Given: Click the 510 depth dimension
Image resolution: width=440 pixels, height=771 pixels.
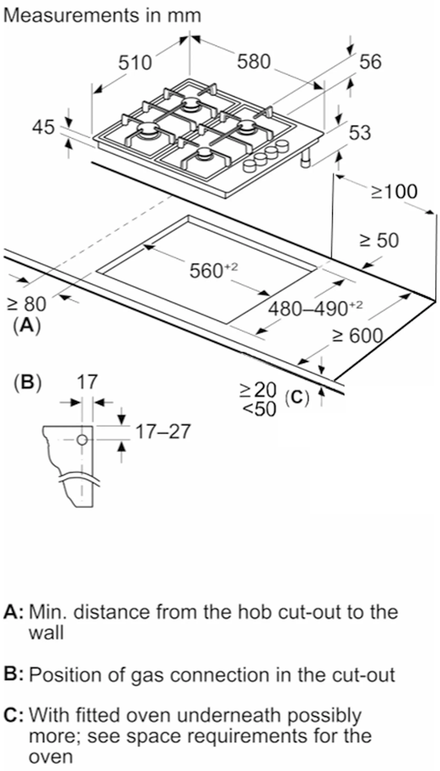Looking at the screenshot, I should pyautogui.click(x=135, y=63).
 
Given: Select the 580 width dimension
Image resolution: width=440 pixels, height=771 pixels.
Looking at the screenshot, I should pyautogui.click(x=253, y=62).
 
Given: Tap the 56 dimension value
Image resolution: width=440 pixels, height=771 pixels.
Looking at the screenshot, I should pyautogui.click(x=370, y=62).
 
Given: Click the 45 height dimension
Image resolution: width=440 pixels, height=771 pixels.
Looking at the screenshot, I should pyautogui.click(x=43, y=127).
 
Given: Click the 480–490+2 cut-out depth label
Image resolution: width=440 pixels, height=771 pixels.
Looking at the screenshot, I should pyautogui.click(x=315, y=308).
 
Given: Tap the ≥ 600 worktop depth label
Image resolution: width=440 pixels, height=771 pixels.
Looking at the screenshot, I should pyautogui.click(x=358, y=336).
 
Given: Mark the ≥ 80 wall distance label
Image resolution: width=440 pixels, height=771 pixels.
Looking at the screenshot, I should pyautogui.click(x=27, y=304).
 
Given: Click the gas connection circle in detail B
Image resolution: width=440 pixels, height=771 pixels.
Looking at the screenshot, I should pyautogui.click(x=82, y=440).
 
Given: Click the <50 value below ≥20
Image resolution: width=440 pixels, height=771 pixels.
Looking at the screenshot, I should pyautogui.click(x=259, y=409).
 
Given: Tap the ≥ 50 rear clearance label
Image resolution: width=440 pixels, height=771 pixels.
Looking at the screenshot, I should pyautogui.click(x=379, y=241).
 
